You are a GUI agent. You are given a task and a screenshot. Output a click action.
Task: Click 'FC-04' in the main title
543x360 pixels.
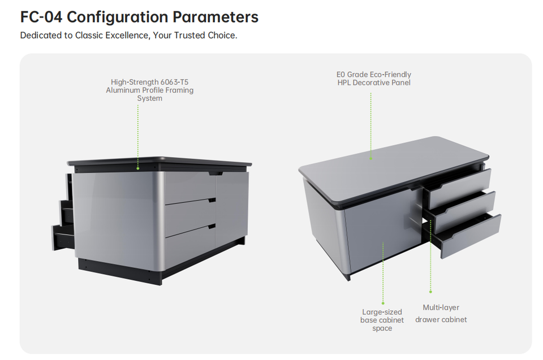(41, 17)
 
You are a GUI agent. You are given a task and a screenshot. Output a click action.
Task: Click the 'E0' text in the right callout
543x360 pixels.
(341, 75)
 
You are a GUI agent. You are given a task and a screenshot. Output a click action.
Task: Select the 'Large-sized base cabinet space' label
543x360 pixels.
(382, 320)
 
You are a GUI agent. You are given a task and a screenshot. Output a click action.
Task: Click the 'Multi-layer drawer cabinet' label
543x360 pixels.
(441, 314)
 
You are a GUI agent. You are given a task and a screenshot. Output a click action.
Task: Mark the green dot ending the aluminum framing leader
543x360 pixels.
(138, 168)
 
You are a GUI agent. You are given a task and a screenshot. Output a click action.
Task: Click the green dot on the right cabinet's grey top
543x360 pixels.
(371, 159)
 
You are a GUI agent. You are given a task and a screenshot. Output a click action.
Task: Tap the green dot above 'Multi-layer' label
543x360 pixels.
(430, 292)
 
